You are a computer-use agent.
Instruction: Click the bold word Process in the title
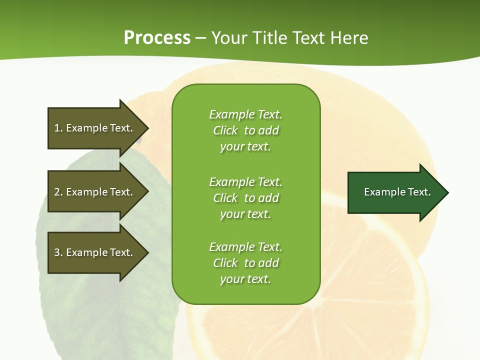click(157, 38)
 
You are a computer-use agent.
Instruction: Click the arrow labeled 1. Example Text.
click(95, 128)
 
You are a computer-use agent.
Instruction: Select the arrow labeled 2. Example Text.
click(95, 192)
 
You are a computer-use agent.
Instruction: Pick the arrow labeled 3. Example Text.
click(95, 252)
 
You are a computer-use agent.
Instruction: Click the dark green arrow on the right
click(395, 192)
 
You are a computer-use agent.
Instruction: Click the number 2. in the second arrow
click(58, 192)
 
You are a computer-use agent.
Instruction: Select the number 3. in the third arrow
click(58, 252)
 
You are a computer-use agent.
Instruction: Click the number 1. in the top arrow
click(58, 128)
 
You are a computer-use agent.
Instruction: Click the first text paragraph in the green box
click(245, 130)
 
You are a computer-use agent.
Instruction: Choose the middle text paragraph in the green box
click(245, 198)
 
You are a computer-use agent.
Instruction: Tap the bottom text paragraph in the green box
click(245, 263)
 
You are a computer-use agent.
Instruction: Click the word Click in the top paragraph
click(225, 130)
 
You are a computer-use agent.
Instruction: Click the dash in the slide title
click(200, 38)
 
